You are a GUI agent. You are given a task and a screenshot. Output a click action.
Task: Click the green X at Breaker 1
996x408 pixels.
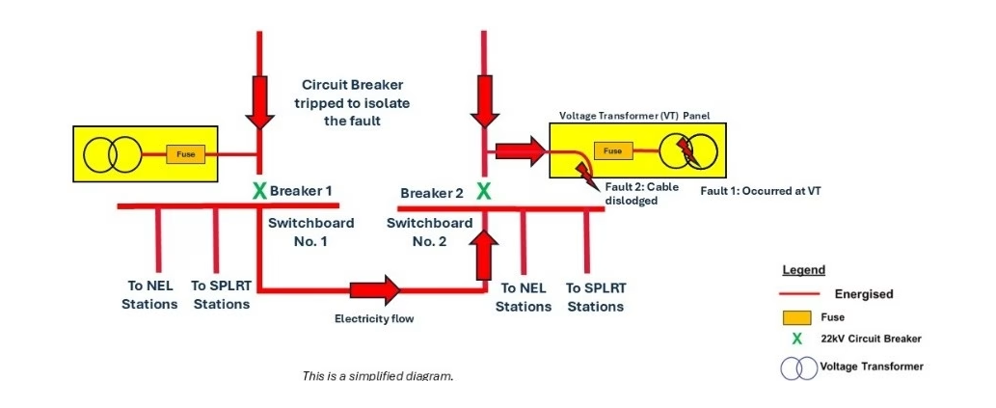point(259,191)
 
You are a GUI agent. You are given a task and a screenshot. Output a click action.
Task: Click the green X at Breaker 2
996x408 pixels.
point(484,192)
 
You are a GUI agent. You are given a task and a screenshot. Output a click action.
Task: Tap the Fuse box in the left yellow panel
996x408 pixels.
point(186,154)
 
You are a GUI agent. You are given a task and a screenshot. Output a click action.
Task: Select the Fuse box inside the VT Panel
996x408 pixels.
point(612,151)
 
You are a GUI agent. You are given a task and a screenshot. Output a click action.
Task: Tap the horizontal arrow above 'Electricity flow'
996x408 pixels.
point(374,289)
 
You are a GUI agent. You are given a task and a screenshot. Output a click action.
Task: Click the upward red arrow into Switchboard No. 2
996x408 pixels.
point(484,253)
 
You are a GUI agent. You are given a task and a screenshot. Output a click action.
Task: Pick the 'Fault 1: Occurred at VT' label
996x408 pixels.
point(760,191)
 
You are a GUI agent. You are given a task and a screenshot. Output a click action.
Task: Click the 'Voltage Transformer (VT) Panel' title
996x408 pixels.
point(634,116)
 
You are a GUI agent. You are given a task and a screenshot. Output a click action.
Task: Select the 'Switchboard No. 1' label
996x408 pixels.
point(310,231)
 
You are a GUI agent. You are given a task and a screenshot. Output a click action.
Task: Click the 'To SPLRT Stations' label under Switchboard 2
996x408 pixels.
point(595,297)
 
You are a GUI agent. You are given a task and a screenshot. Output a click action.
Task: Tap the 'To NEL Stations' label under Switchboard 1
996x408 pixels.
point(149,295)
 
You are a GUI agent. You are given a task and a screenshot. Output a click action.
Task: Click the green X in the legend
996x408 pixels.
point(796,339)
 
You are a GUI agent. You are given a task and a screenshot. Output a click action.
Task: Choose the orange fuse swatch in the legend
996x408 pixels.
point(796,316)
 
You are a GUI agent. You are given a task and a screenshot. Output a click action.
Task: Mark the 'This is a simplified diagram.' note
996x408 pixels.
point(377,376)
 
